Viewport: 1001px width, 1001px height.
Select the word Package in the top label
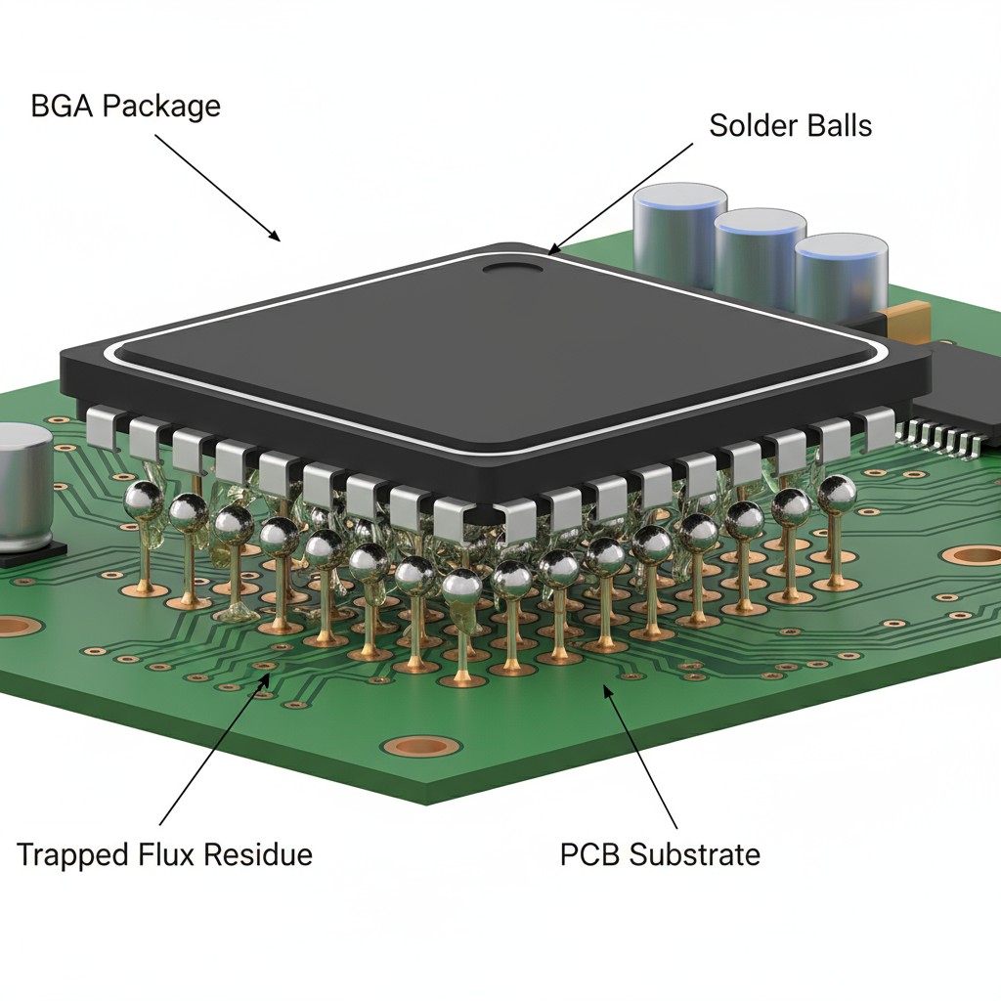point(161,106)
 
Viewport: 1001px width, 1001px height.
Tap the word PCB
point(589,853)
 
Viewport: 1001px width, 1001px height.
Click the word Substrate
point(694,853)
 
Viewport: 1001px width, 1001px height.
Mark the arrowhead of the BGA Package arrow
point(278,238)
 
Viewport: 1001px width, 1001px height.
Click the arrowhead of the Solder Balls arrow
point(553,251)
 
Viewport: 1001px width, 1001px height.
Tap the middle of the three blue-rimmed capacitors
point(760,254)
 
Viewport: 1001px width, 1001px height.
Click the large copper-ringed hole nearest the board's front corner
point(420,746)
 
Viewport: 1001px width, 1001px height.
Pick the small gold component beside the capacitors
point(904,317)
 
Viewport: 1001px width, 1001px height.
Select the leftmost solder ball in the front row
point(144,499)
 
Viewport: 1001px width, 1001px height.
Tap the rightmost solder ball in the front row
point(836,494)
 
